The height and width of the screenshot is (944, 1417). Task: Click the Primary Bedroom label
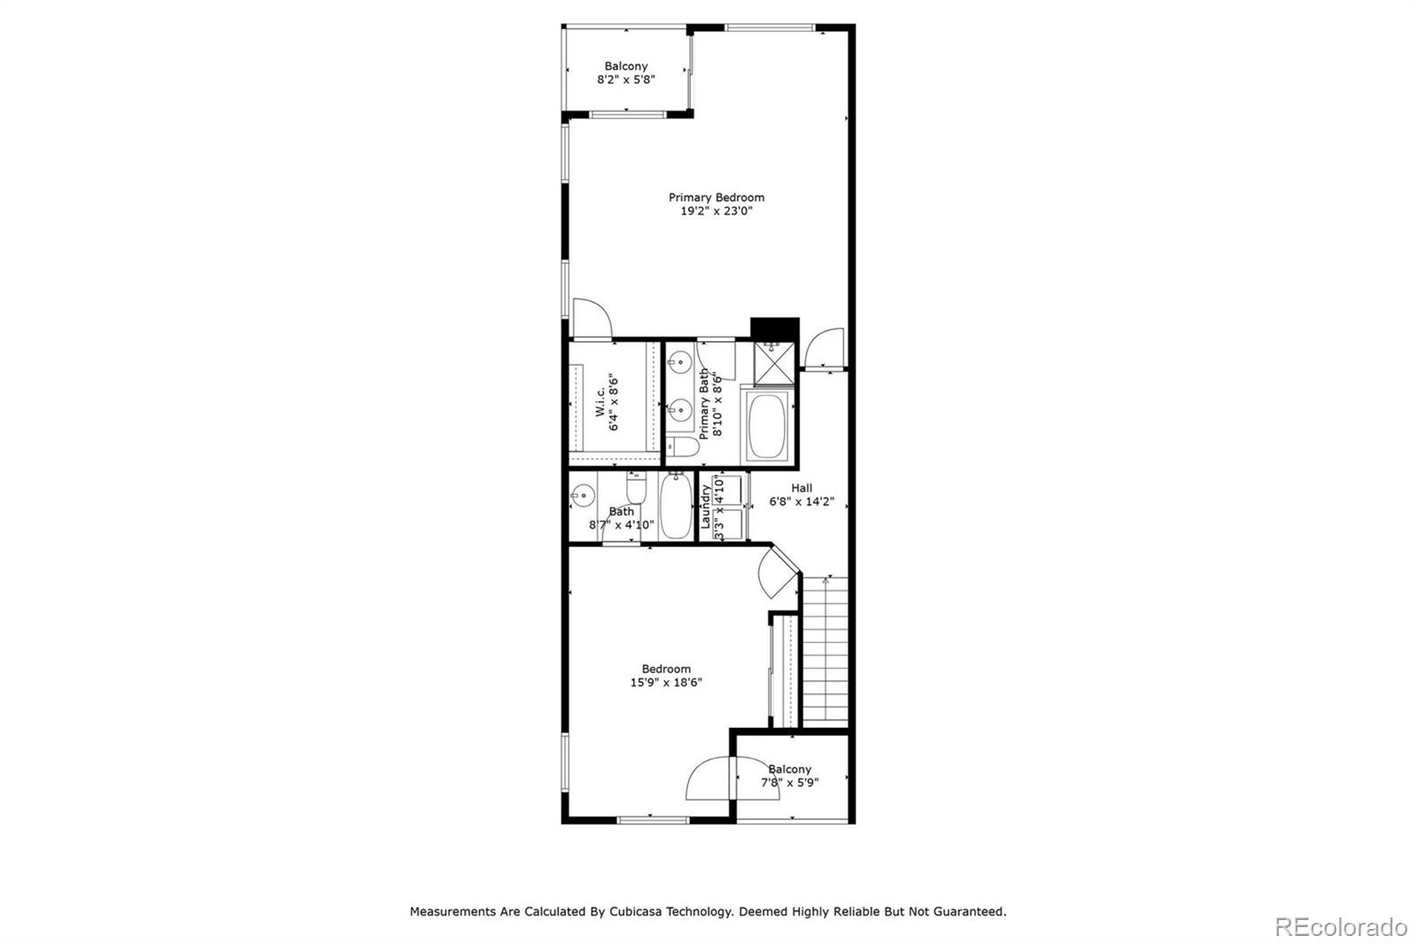click(x=716, y=197)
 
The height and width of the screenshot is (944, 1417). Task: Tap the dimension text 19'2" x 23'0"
click(x=716, y=212)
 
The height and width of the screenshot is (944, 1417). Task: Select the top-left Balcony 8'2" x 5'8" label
click(x=626, y=73)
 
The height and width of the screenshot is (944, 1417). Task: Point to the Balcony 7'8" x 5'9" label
click(x=789, y=776)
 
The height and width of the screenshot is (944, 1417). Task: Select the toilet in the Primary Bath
click(x=682, y=447)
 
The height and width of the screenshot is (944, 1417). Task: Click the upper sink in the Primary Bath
click(x=680, y=362)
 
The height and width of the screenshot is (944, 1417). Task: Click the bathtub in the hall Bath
click(x=676, y=507)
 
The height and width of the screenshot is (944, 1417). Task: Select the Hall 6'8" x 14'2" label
click(x=801, y=494)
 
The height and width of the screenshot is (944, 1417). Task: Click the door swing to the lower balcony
click(x=710, y=779)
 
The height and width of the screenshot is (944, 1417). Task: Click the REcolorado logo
click(x=1340, y=927)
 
